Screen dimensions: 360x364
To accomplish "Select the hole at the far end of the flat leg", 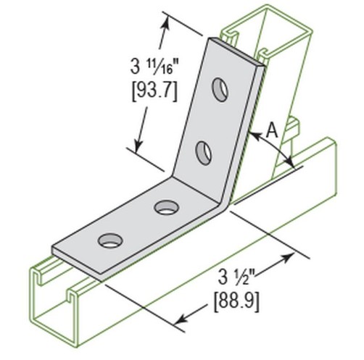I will click(x=110, y=238).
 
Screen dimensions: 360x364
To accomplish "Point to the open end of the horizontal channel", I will click(x=58, y=304).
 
